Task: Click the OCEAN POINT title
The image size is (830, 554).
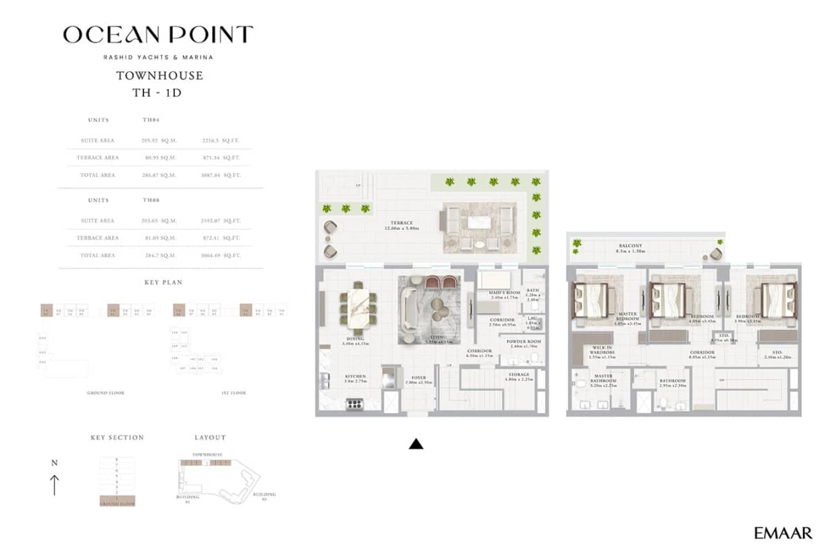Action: (x=158, y=35)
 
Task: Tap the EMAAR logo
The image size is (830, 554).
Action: (x=783, y=533)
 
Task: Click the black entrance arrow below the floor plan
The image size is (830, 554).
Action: (x=416, y=444)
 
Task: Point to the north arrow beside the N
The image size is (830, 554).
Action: (x=55, y=484)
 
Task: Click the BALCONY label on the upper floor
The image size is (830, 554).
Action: (x=630, y=246)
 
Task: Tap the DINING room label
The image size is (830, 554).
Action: (x=356, y=339)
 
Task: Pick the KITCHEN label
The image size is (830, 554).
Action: (x=355, y=377)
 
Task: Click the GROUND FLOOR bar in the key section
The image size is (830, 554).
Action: (x=117, y=504)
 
